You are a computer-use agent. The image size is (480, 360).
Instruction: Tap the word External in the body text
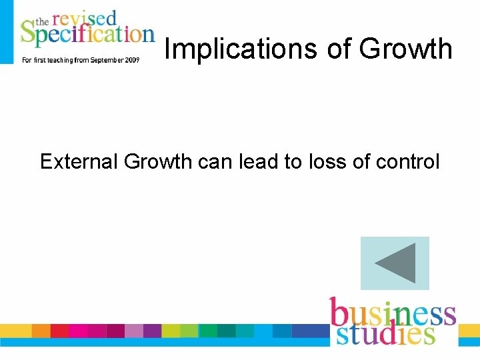pos(79,161)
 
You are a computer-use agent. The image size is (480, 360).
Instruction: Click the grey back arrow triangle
pos(396,263)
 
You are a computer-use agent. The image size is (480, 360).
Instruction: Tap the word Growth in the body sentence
pos(160,161)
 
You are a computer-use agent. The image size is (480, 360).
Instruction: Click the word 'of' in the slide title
pos(337,49)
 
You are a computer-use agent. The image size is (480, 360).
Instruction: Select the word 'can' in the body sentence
pos(217,161)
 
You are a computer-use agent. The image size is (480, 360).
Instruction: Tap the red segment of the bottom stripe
pos(59,331)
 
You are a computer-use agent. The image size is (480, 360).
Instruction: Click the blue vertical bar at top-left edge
pos(7,32)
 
